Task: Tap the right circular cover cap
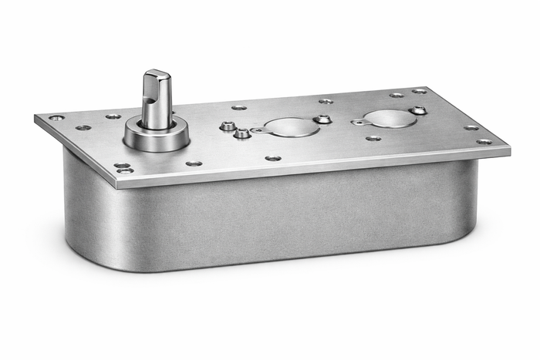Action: pyautogui.click(x=390, y=118)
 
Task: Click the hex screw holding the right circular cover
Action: pyautogui.click(x=417, y=110)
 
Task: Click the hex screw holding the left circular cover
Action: pyautogui.click(x=323, y=119)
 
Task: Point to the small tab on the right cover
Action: pyautogui.click(x=358, y=122)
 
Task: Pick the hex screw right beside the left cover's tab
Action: pyautogui.click(x=242, y=133)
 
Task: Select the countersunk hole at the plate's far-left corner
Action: pyautogui.click(x=56, y=118)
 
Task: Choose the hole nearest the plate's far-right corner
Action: pyautogui.click(x=484, y=142)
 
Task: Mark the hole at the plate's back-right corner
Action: pyautogui.click(x=419, y=92)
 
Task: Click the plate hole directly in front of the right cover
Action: pyautogui.click(x=373, y=139)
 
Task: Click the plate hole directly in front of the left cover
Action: pyautogui.click(x=273, y=157)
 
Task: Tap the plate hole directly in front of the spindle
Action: pyautogui.click(x=193, y=163)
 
